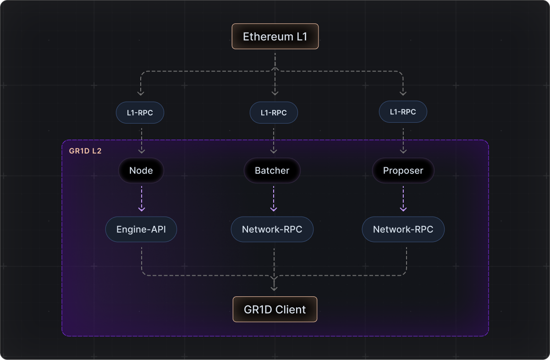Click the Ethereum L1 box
[275, 37]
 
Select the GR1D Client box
[275, 310]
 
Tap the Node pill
[141, 171]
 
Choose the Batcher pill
[272, 171]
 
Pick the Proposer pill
[403, 171]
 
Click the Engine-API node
[141, 229]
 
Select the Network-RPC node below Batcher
[272, 229]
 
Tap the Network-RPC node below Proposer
[403, 229]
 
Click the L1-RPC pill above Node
[140, 112]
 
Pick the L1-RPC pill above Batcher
[274, 113]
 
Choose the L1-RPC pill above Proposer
[403, 112]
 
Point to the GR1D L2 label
[85, 151]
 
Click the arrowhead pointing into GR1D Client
[274, 288]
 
